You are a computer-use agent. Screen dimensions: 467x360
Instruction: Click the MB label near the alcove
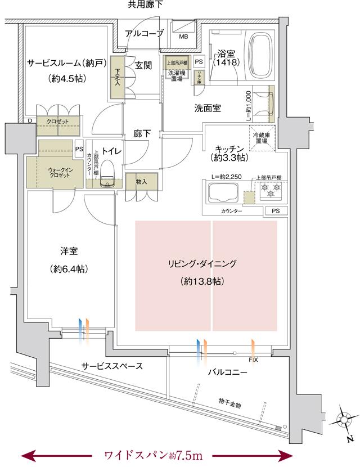184,37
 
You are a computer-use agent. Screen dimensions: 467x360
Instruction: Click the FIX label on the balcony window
253,359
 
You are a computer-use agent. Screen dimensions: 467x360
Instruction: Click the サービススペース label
111,366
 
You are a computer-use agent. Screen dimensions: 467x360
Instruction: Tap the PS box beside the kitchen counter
275,211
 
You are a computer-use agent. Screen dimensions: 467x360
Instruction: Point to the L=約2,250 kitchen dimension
226,177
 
